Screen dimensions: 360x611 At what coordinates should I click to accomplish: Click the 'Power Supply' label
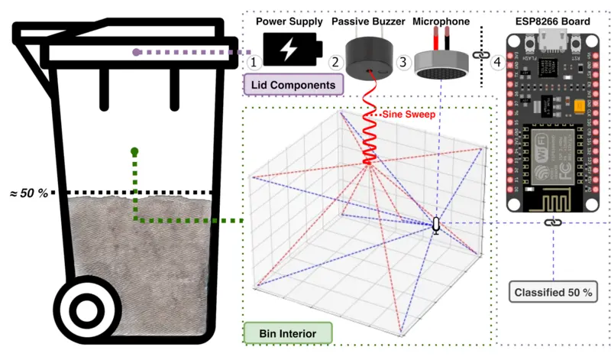[289, 22]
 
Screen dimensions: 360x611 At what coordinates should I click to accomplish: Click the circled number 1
[257, 62]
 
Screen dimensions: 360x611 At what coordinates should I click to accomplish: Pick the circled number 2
[335, 62]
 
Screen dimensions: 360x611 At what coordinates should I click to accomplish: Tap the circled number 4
[498, 62]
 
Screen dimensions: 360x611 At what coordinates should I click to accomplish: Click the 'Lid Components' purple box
[291, 84]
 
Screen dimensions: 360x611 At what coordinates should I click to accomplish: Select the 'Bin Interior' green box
[289, 333]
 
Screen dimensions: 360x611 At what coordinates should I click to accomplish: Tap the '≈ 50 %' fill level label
[28, 193]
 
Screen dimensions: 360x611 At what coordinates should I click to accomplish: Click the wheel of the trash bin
[87, 311]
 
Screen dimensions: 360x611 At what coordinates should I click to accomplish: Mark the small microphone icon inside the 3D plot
[437, 225]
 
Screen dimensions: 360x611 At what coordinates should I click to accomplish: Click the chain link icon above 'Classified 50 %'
[551, 222]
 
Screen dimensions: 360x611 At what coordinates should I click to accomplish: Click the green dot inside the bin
[134, 151]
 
